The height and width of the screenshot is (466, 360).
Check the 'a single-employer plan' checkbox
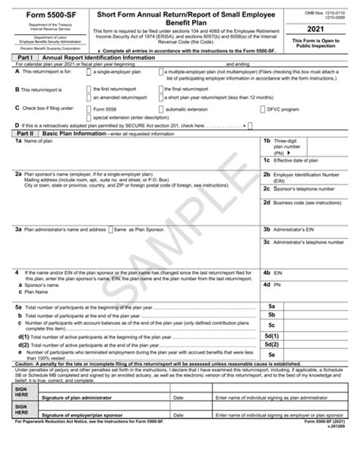[x=88, y=71]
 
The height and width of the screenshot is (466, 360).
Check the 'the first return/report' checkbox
[x=88, y=89]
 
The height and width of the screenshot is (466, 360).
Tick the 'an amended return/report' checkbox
[x=88, y=98]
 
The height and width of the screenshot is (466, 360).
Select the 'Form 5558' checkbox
[x=88, y=109]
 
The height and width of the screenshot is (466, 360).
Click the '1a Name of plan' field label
[x=30, y=142]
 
